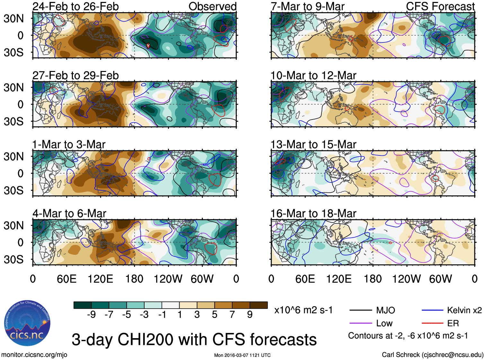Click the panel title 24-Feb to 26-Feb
pyautogui.click(x=75, y=6)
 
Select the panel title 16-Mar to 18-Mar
pyautogui.click(x=313, y=214)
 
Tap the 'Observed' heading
pyautogui.click(x=212, y=6)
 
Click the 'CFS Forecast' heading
pyautogui.click(x=440, y=6)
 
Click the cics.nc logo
pyautogui.click(x=27, y=323)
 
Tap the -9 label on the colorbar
pyautogui.click(x=91, y=315)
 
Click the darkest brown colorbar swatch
pyautogui.click(x=259, y=305)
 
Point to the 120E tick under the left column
pyautogui.click(x=100, y=279)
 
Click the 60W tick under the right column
pyautogui.click(x=440, y=279)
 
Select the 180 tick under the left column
pyautogui.click(x=134, y=279)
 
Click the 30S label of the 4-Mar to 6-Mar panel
pyautogui.click(x=13, y=259)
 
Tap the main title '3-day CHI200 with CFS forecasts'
pyautogui.click(x=194, y=340)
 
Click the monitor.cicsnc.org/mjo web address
pyautogui.click(x=34, y=355)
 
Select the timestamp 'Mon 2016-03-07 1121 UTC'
pyautogui.click(x=242, y=355)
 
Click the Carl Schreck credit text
pyautogui.click(x=432, y=355)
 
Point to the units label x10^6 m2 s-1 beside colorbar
pyautogui.click(x=303, y=310)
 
